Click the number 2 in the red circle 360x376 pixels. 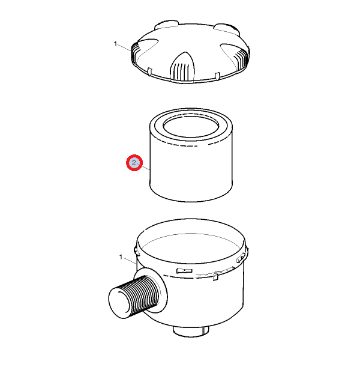pyautogui.click(x=134, y=163)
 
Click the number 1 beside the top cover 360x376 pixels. pyautogui.click(x=116, y=44)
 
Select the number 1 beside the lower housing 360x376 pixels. pyautogui.click(x=121, y=257)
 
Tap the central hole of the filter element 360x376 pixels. pyautogui.click(x=191, y=126)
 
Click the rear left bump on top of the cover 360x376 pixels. pyautogui.click(x=166, y=25)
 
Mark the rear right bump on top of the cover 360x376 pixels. pyautogui.click(x=226, y=28)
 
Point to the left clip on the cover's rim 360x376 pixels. pyautogui.click(x=150, y=71)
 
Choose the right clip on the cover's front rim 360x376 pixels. pyautogui.click(x=217, y=76)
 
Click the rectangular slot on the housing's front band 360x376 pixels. pyautogui.click(x=184, y=271)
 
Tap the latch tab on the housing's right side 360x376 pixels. pyautogui.click(x=241, y=258)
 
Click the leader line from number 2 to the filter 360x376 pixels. pyautogui.click(x=143, y=166)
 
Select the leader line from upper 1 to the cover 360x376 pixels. pyautogui.click(x=125, y=47)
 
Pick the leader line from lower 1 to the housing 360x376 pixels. pyautogui.click(x=130, y=261)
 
